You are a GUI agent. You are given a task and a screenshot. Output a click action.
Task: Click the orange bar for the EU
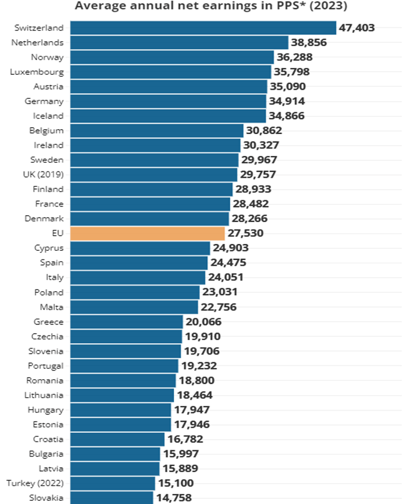click(x=147, y=233)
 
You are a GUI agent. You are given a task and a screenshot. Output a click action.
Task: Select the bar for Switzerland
click(x=203, y=28)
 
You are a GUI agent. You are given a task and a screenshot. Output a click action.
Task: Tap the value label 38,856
click(x=309, y=42)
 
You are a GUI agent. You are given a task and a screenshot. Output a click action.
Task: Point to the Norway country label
click(x=47, y=57)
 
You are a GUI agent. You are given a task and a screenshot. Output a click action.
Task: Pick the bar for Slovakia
click(x=112, y=497)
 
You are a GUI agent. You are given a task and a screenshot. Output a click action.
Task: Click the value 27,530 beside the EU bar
click(x=246, y=233)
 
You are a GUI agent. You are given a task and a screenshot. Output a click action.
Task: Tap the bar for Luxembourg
click(x=170, y=72)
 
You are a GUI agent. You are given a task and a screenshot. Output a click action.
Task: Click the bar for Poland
click(x=135, y=292)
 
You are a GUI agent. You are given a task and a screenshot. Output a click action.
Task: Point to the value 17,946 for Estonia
click(x=192, y=424)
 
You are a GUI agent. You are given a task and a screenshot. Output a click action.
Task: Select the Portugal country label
click(x=46, y=366)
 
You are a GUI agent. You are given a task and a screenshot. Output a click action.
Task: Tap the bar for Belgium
click(x=157, y=130)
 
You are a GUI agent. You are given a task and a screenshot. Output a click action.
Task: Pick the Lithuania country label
click(x=44, y=395)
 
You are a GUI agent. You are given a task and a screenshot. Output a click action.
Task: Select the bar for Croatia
click(x=117, y=439)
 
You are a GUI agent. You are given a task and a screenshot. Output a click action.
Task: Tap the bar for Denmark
click(x=150, y=218)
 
